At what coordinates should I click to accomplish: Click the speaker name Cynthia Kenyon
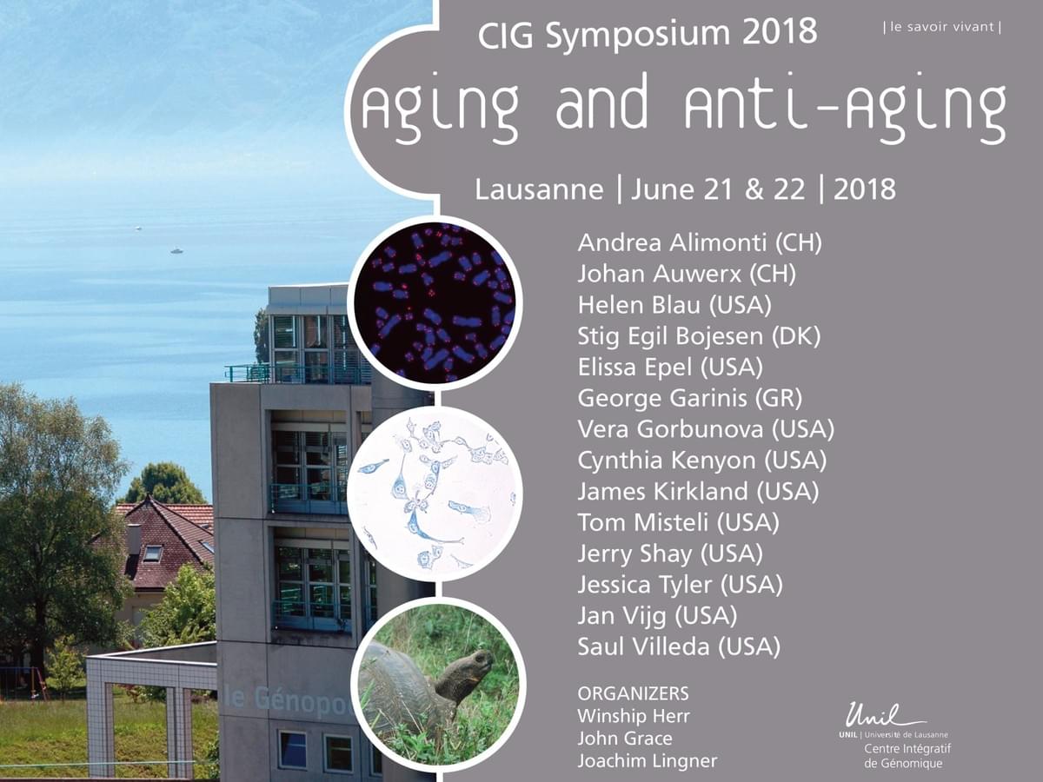pyautogui.click(x=667, y=461)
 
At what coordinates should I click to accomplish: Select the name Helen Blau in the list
pyautogui.click(x=639, y=305)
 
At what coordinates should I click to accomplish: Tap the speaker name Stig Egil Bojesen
pyautogui.click(x=670, y=336)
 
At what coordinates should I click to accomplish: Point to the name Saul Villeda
pyautogui.click(x=643, y=646)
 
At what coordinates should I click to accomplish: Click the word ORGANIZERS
pyautogui.click(x=633, y=693)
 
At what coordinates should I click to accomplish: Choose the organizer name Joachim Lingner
pyautogui.click(x=648, y=761)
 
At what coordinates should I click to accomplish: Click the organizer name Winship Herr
pyautogui.click(x=634, y=716)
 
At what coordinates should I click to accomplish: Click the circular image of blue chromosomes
pyautogui.click(x=435, y=302)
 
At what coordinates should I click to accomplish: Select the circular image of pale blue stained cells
pyautogui.click(x=435, y=493)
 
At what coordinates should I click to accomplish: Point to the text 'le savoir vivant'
pyautogui.click(x=943, y=27)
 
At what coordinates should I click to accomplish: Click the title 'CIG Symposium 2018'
pyautogui.click(x=648, y=34)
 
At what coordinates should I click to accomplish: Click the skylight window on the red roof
pyautogui.click(x=152, y=553)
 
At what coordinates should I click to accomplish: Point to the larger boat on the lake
pyautogui.click(x=176, y=250)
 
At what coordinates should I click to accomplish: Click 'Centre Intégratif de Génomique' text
pyautogui.click(x=907, y=756)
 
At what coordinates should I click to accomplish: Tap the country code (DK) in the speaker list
pyautogui.click(x=796, y=336)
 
